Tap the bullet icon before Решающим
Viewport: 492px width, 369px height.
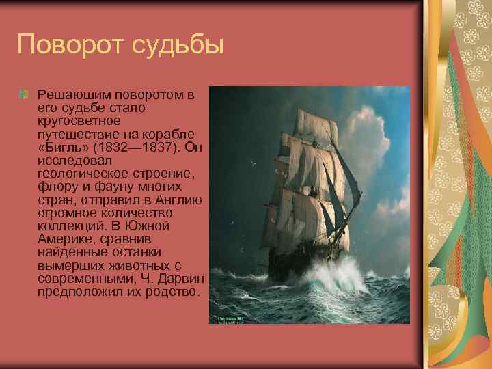pyautogui.click(x=26, y=93)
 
